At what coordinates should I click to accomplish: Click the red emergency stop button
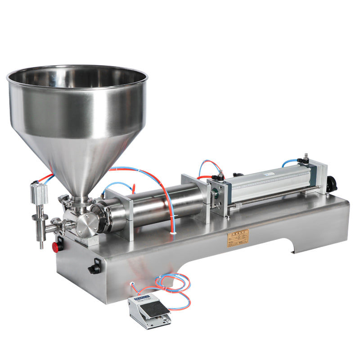tap(57, 247)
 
